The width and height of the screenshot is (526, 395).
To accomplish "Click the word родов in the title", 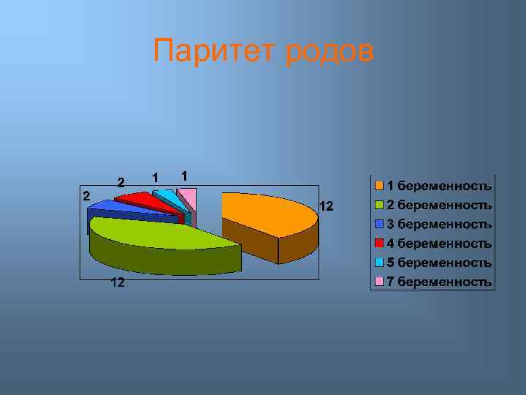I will click(x=328, y=52).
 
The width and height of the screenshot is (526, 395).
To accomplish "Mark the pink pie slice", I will click(x=187, y=195).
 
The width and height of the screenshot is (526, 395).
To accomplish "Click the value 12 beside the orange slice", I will click(x=326, y=207).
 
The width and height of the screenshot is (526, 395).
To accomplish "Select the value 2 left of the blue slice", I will click(x=85, y=195).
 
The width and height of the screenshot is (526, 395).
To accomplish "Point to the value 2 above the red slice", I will click(x=121, y=181).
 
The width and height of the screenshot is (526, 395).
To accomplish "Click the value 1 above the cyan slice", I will click(x=155, y=177).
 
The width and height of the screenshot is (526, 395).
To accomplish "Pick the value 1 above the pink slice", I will click(x=186, y=176).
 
